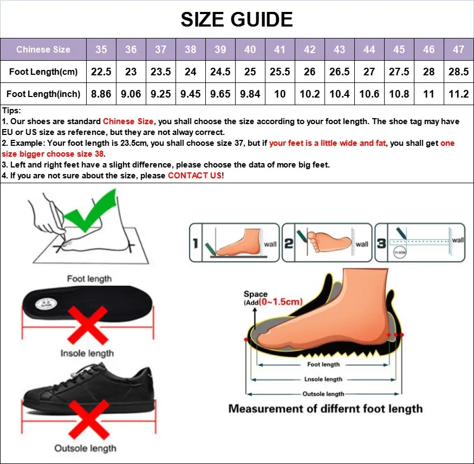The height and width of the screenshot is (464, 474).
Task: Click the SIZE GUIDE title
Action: (x=237, y=20)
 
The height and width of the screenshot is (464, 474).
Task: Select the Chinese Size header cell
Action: (x=43, y=49)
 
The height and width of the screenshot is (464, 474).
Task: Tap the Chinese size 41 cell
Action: (x=280, y=49)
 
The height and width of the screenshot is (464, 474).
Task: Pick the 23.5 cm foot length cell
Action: (x=160, y=72)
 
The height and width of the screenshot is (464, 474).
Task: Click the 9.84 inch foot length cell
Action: (x=250, y=94)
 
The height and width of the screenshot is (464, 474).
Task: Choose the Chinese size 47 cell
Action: (x=458, y=49)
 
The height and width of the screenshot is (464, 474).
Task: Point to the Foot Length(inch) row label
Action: (x=43, y=94)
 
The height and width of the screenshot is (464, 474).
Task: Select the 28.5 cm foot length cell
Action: (x=458, y=72)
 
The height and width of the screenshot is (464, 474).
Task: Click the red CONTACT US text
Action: (x=194, y=176)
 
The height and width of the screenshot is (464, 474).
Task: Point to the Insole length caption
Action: (x=87, y=353)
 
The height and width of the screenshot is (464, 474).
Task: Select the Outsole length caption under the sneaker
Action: (x=85, y=448)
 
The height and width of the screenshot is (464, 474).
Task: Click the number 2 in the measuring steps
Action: (x=289, y=243)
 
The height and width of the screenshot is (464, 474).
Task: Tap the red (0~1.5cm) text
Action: (x=280, y=301)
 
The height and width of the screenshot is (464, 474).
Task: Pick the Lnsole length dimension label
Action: (x=323, y=379)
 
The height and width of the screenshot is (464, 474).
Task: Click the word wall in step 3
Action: (x=458, y=240)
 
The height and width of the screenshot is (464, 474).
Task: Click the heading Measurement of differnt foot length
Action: (x=325, y=409)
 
